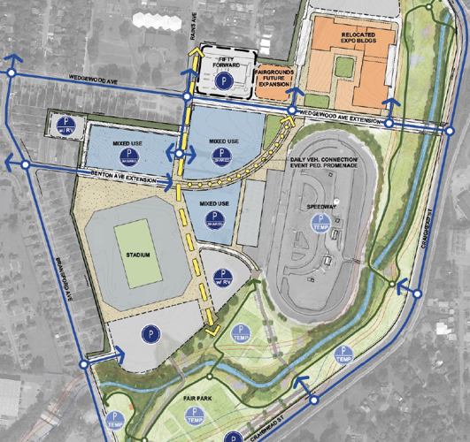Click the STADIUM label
pyautogui.click(x=137, y=255)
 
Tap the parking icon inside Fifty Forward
pyautogui.click(x=226, y=80)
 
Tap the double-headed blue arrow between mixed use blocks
pyautogui.click(x=181, y=155)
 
